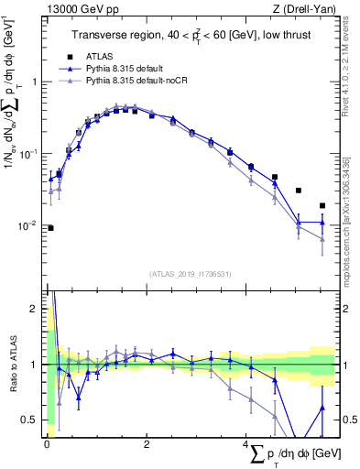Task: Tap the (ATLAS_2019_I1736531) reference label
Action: [x=191, y=273]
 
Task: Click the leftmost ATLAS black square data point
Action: [x=50, y=228]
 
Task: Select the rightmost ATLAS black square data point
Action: [x=322, y=205]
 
